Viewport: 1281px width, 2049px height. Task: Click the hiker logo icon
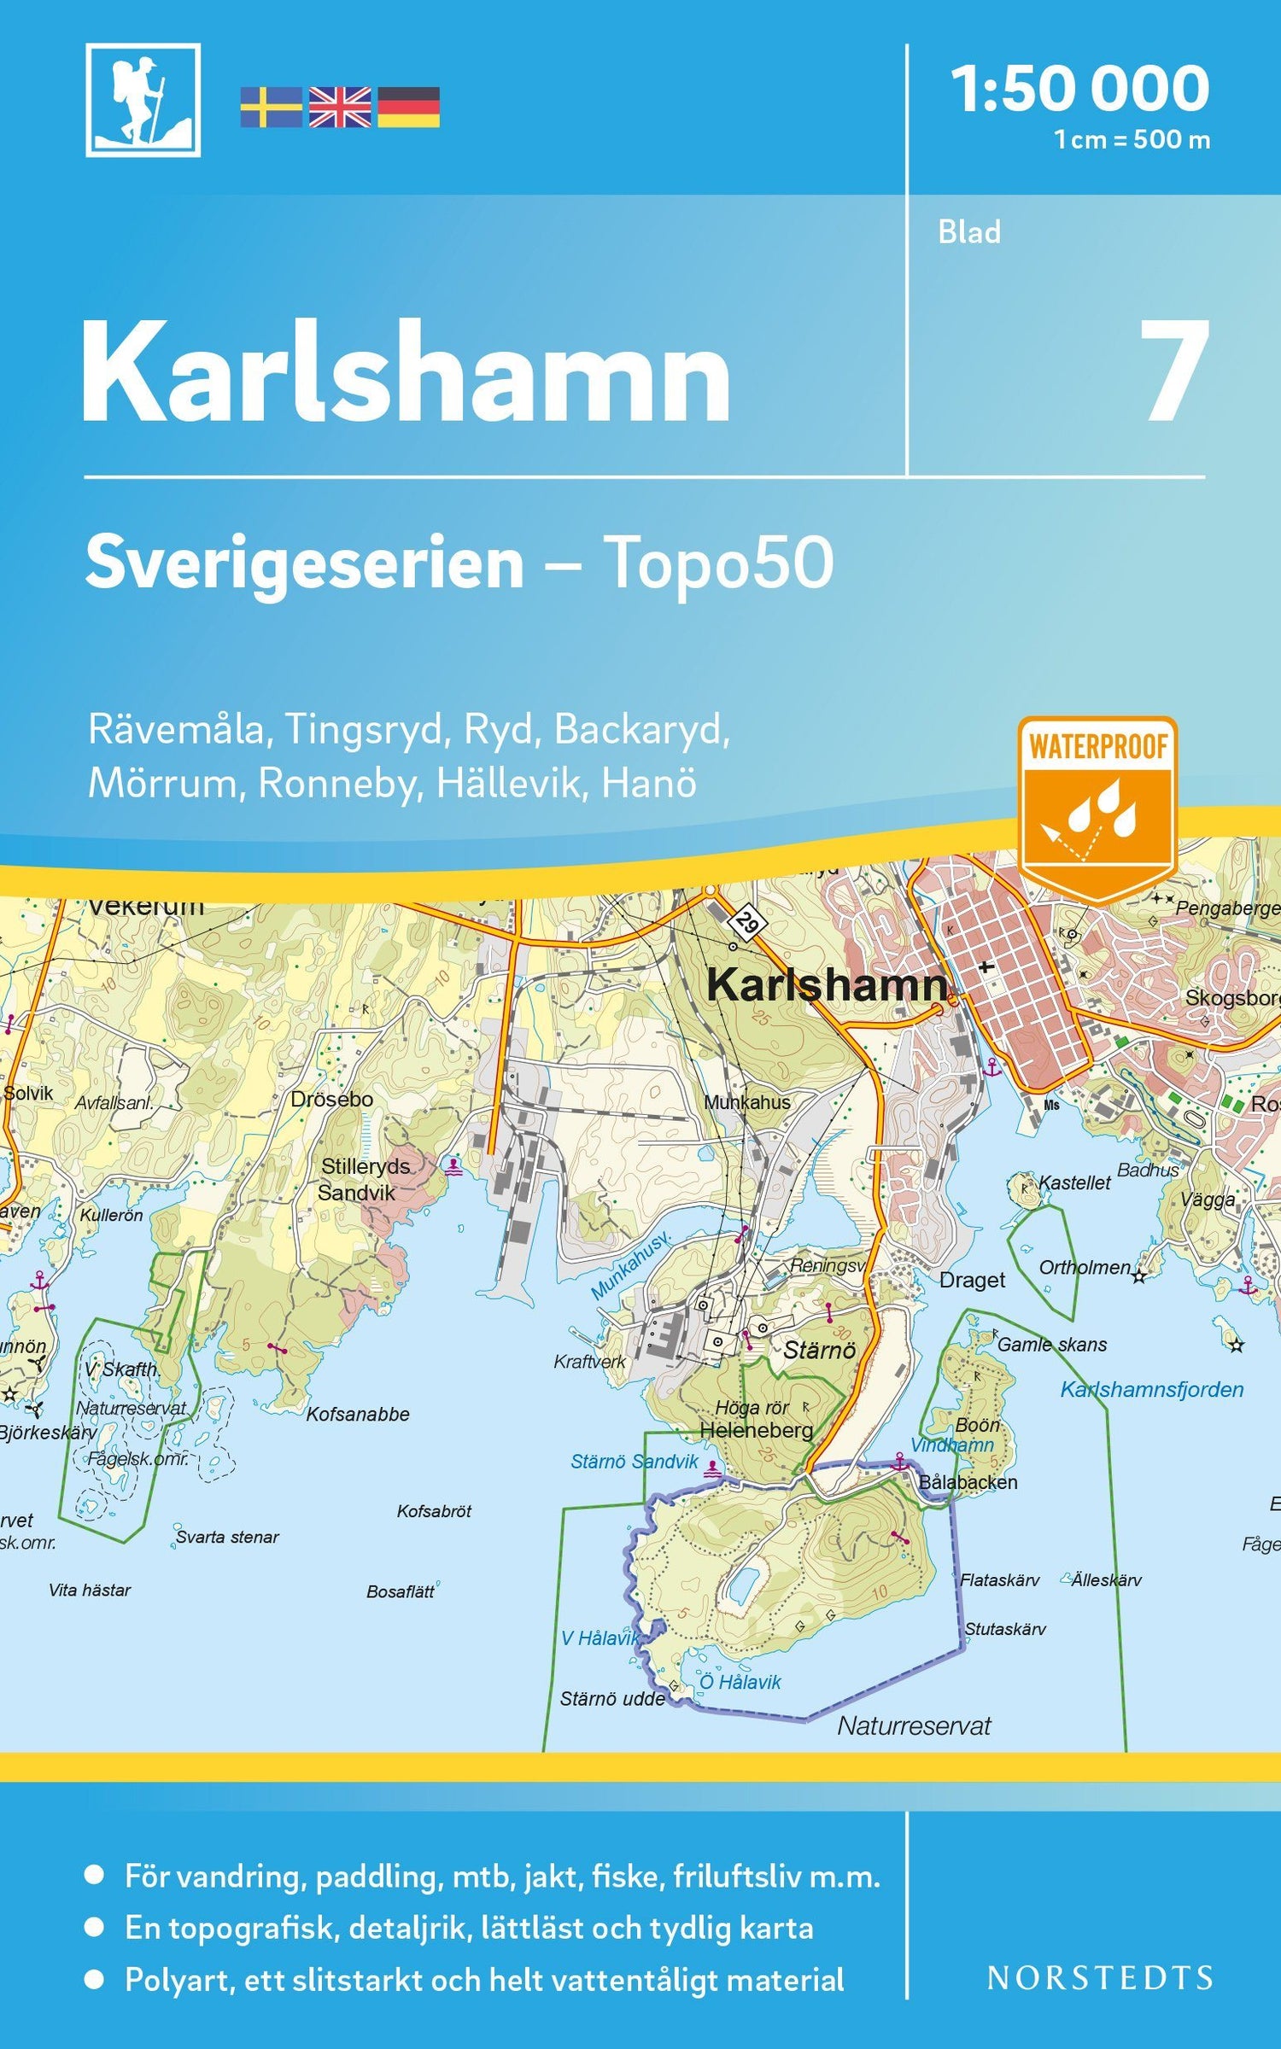143,100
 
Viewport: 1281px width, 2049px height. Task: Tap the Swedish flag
271,108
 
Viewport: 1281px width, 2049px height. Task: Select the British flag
340,108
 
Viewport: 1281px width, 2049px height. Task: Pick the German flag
409,108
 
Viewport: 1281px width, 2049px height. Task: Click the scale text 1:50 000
1080,89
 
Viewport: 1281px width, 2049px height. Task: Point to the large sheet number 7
1177,371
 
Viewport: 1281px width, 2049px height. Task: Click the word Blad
969,232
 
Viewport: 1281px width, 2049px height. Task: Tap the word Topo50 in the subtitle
718,563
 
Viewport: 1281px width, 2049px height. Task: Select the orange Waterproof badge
1097,807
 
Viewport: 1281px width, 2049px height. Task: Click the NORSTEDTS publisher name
1100,1977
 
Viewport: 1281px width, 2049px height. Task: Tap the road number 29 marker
747,923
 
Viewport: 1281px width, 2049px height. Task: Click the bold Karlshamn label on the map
827,984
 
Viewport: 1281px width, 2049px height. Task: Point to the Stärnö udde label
612,1699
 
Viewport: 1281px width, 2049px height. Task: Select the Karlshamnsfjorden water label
1151,1389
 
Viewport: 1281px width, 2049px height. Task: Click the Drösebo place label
331,1100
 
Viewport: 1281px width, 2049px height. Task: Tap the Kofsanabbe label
358,1414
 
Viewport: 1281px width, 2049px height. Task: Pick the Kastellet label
1074,1183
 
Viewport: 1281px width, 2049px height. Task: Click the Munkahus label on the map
747,1102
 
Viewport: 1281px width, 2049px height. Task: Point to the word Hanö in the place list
649,784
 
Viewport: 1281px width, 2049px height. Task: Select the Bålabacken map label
968,1482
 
